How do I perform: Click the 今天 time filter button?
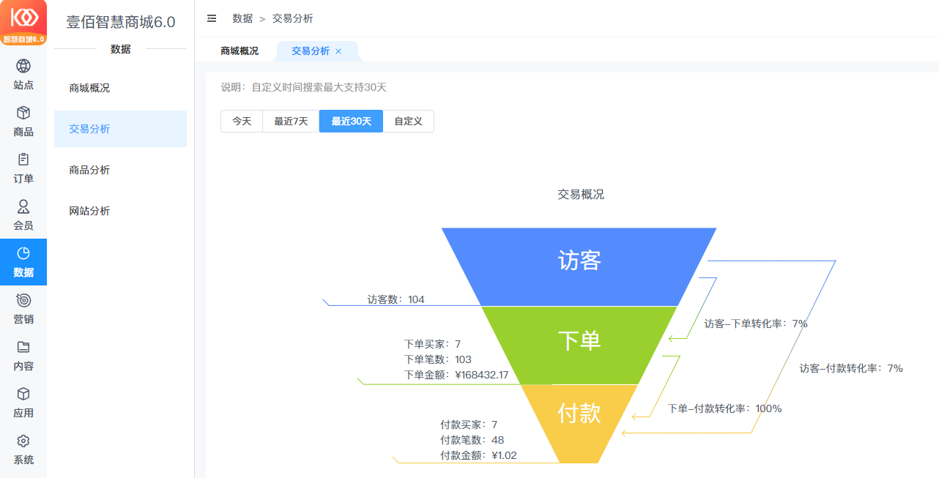[x=242, y=121]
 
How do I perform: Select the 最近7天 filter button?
[x=291, y=121]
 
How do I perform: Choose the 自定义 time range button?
[x=408, y=121]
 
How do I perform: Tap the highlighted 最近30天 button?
[x=352, y=121]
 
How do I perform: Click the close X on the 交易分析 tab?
[x=338, y=51]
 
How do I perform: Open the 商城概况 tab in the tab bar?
[x=240, y=51]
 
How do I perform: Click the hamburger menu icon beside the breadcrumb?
[x=212, y=18]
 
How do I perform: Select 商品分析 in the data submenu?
[x=89, y=170]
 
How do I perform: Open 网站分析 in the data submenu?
[x=89, y=211]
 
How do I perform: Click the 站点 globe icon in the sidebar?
[x=23, y=66]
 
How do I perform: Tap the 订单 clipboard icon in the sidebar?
[x=23, y=160]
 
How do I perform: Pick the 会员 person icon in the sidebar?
[x=23, y=206]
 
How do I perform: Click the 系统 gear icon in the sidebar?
[x=23, y=441]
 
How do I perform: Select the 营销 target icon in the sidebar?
[x=23, y=300]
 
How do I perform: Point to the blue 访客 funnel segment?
[x=579, y=266]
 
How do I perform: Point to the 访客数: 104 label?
[x=396, y=299]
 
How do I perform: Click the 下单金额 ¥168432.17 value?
[x=482, y=375]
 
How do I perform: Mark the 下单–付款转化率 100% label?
[x=725, y=408]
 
